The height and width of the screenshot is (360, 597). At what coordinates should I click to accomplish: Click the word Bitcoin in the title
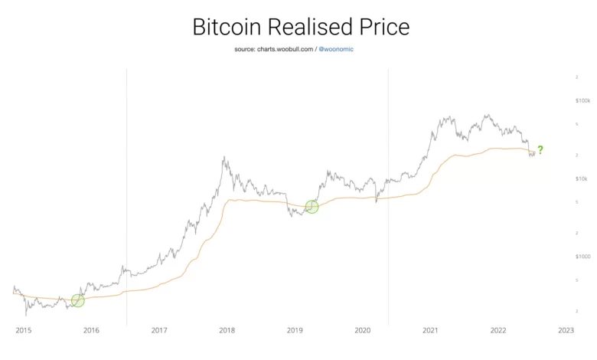(227, 27)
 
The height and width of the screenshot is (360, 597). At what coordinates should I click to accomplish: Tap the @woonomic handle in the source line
(336, 49)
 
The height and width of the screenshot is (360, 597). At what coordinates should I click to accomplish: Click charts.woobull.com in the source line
(285, 49)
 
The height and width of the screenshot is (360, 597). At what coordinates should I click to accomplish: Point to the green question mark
(540, 149)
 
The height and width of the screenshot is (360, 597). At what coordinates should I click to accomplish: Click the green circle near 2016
(77, 300)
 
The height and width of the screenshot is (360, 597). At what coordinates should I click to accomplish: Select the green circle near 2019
(312, 207)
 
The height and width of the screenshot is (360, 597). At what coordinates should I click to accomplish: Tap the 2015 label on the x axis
(24, 330)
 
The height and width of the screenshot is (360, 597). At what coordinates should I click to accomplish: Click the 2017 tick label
(159, 330)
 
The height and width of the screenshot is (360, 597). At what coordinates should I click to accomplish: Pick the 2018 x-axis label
(227, 330)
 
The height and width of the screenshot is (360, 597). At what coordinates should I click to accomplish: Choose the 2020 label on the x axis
(363, 330)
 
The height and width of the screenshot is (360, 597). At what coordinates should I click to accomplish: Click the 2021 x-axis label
(430, 330)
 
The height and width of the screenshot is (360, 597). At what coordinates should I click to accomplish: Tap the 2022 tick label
(498, 330)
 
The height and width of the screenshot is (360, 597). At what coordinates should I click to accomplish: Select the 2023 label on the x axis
(566, 330)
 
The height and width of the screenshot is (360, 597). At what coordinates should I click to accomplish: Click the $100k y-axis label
(582, 100)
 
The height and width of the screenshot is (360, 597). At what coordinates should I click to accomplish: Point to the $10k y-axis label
(582, 178)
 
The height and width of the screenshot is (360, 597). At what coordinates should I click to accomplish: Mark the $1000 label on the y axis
(583, 257)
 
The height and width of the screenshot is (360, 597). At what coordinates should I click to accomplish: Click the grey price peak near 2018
(224, 157)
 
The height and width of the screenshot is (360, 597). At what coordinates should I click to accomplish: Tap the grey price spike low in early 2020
(376, 201)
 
